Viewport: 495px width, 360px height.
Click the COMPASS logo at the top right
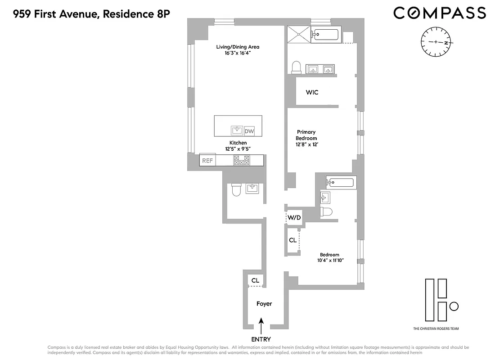pos(439,13)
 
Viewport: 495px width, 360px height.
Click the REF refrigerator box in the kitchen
pos(207,160)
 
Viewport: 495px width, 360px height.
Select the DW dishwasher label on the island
pos(249,131)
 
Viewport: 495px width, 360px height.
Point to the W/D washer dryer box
pos(294,218)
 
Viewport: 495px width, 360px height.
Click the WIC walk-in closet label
pos(312,92)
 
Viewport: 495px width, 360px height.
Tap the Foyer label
pos(264,304)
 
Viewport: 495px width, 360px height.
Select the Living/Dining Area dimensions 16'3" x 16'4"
pos(238,53)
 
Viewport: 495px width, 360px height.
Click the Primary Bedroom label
pos(306,135)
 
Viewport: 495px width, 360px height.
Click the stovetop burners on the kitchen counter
pos(241,160)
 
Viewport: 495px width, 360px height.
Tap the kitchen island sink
pos(237,130)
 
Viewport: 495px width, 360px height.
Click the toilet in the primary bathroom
pos(296,67)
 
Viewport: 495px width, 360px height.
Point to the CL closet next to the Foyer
pos(255,280)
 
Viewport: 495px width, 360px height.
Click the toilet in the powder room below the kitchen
pos(235,191)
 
